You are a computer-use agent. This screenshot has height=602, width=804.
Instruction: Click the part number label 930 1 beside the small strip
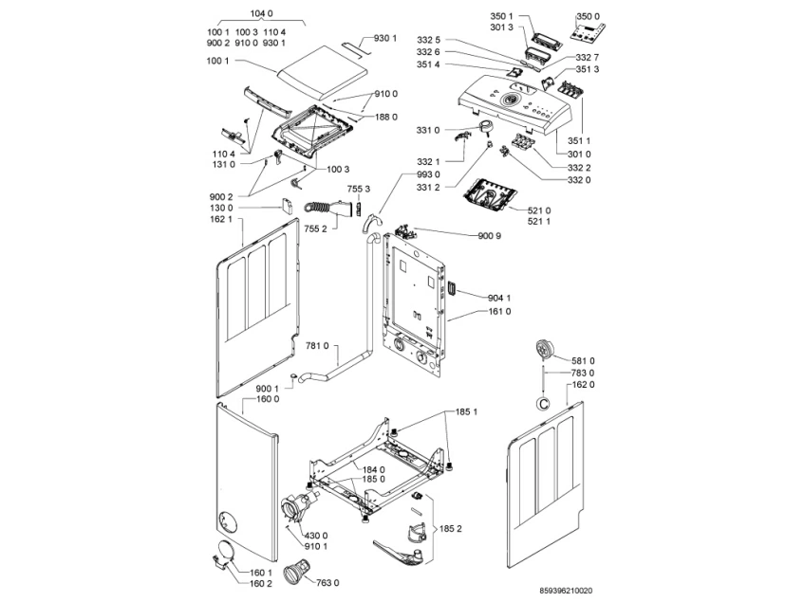point(384,38)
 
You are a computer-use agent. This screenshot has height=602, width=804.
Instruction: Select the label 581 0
point(583,361)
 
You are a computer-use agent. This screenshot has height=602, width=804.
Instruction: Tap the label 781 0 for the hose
point(317,347)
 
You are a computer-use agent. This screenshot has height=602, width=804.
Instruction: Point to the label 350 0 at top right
point(589,16)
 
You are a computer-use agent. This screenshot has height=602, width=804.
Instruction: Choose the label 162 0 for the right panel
point(583,385)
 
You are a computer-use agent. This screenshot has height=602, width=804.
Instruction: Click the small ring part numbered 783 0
point(542,404)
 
